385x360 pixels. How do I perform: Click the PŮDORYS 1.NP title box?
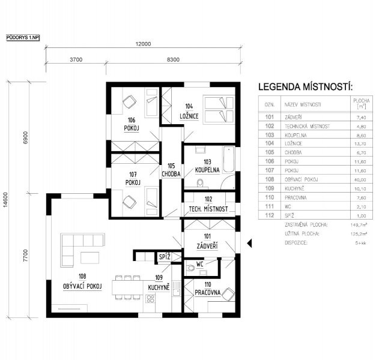click(x=23, y=38)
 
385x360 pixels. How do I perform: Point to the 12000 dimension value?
click(x=143, y=44)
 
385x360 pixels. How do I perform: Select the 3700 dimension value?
click(x=76, y=59)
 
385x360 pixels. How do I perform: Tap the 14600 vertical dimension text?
click(x=5, y=200)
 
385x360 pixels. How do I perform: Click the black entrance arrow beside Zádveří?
click(x=249, y=243)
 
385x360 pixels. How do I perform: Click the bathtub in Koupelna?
click(x=229, y=160)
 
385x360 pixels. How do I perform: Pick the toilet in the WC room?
click(x=190, y=268)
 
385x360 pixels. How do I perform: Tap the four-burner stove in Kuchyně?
click(x=150, y=299)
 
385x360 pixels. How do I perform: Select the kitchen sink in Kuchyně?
click(x=177, y=289)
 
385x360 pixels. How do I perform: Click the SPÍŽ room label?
click(x=165, y=257)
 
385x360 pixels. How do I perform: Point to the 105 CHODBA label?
click(x=171, y=170)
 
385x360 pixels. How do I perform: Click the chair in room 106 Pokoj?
click(x=129, y=101)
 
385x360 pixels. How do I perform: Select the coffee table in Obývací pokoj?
click(x=90, y=257)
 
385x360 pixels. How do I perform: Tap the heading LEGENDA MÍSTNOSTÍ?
click(x=305, y=87)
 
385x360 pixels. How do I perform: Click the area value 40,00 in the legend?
click(x=360, y=180)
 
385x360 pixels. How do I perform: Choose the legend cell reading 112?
click(x=269, y=215)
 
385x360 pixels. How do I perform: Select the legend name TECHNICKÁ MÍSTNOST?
click(x=307, y=126)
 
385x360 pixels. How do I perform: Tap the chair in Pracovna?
click(x=228, y=294)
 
